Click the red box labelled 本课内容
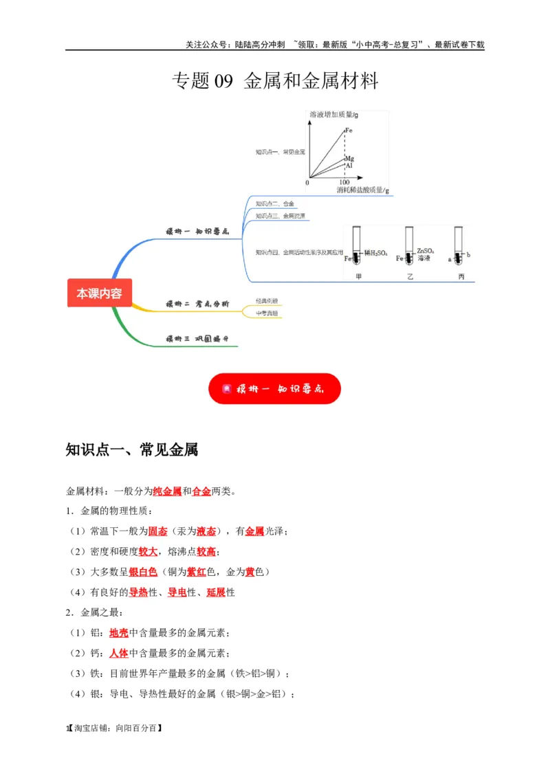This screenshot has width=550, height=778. coord(99,293)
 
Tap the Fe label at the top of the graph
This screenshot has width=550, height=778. coord(349,130)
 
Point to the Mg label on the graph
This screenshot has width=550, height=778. coord(349,159)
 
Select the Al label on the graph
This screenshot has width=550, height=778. coord(349,166)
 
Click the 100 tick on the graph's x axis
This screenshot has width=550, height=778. coord(344,182)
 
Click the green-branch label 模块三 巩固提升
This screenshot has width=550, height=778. coord(197,339)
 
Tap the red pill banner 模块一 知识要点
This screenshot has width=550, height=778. coord(274,388)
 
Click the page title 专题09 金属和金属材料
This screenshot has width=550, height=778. coord(274,82)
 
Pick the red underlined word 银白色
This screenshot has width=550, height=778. coord(143,572)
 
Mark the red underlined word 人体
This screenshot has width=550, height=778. coord(118,652)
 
